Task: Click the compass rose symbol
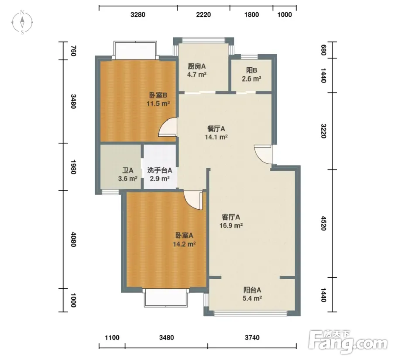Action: point(22,22)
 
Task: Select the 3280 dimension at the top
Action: point(138,14)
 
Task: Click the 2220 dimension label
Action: point(203,14)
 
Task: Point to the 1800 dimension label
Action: point(251,14)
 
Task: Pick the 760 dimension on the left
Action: point(73,51)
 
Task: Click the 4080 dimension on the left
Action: point(73,239)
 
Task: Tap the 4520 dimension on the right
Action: point(323,223)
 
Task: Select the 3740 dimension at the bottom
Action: point(252,337)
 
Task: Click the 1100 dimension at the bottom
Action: point(112,337)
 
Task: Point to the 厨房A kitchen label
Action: point(197,66)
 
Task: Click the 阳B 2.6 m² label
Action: point(251,75)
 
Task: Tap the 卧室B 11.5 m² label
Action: point(158,99)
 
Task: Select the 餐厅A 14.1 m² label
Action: point(216,133)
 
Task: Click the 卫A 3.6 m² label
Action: point(128,174)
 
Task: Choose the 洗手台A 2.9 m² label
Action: point(159,174)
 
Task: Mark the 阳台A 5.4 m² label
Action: point(252,294)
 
